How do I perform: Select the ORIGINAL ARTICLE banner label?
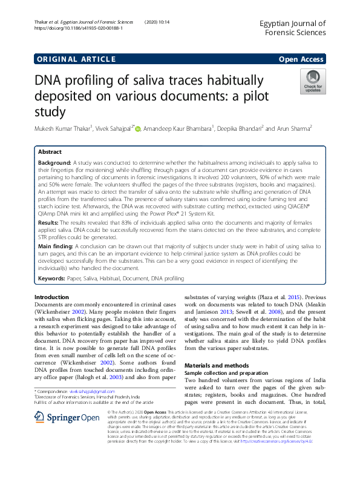click(x=76, y=59)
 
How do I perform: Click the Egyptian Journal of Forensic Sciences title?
click(x=292, y=28)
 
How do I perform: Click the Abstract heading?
click(x=50, y=153)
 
